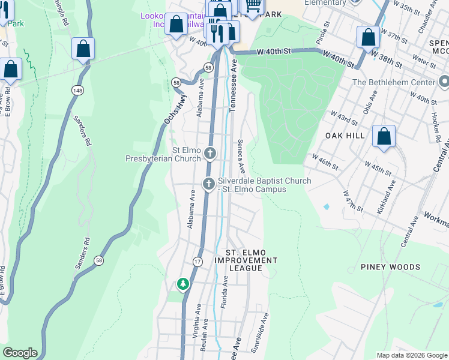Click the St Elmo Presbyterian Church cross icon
[210, 154]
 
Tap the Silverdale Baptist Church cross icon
[208, 184]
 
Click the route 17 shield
[197, 261]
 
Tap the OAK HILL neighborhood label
[345, 136]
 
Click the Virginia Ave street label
[196, 324]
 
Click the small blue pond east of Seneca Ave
[326, 206]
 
